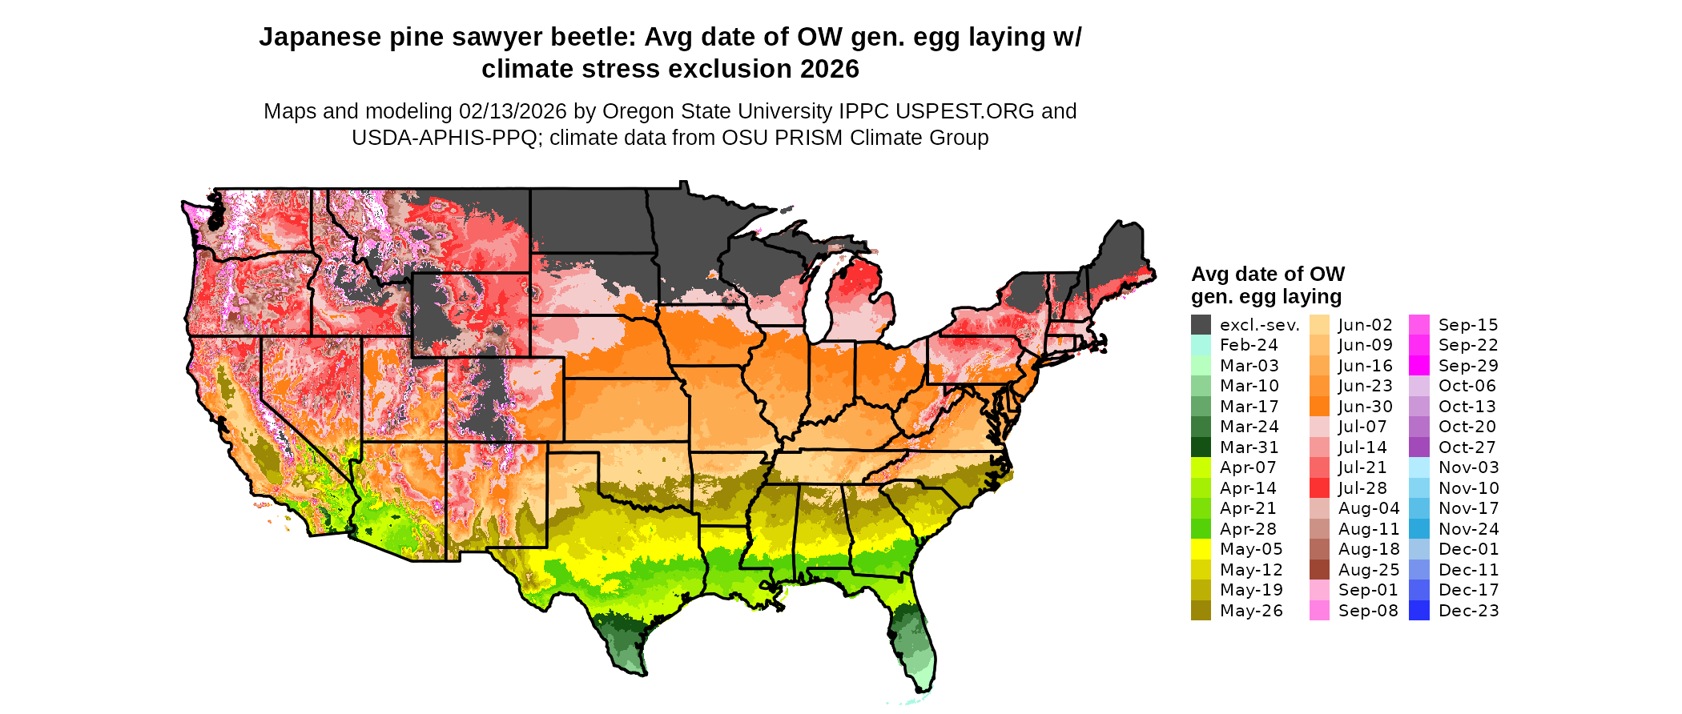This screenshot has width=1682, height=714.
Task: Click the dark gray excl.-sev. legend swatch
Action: [x=1201, y=325]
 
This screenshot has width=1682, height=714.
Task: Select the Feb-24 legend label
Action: [x=1249, y=345]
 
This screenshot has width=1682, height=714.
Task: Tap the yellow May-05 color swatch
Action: [x=1201, y=549]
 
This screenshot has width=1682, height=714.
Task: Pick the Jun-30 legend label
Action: [x=1365, y=407]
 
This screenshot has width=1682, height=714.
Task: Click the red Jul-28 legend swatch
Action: [x=1319, y=488]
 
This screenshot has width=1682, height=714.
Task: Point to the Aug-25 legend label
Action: [x=1368, y=570]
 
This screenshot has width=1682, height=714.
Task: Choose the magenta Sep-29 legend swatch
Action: [x=1418, y=366]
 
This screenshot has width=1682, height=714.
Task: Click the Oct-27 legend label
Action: [x=1467, y=447]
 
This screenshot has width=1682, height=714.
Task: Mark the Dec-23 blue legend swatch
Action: [x=1418, y=611]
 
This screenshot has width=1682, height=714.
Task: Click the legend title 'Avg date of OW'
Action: [x=1267, y=275]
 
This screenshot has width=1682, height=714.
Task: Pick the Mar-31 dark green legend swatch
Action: [x=1201, y=447]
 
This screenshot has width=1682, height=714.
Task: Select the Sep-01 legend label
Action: [x=1368, y=590]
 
